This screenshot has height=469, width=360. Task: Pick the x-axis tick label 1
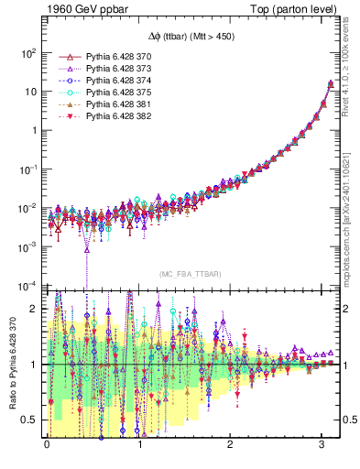pyautogui.click(x=138, y=456)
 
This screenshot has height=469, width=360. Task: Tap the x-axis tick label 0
pyautogui.click(x=47, y=456)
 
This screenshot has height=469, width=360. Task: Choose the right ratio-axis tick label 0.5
pyautogui.click(x=348, y=419)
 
